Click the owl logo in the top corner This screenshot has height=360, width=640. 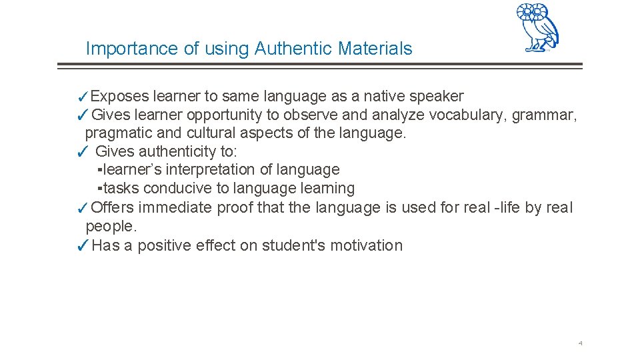coord(537,27)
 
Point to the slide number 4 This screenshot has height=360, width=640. coord(580,343)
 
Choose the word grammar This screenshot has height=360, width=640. coord(544,115)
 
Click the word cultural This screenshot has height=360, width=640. coord(199,133)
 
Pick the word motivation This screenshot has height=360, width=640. coord(365,245)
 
